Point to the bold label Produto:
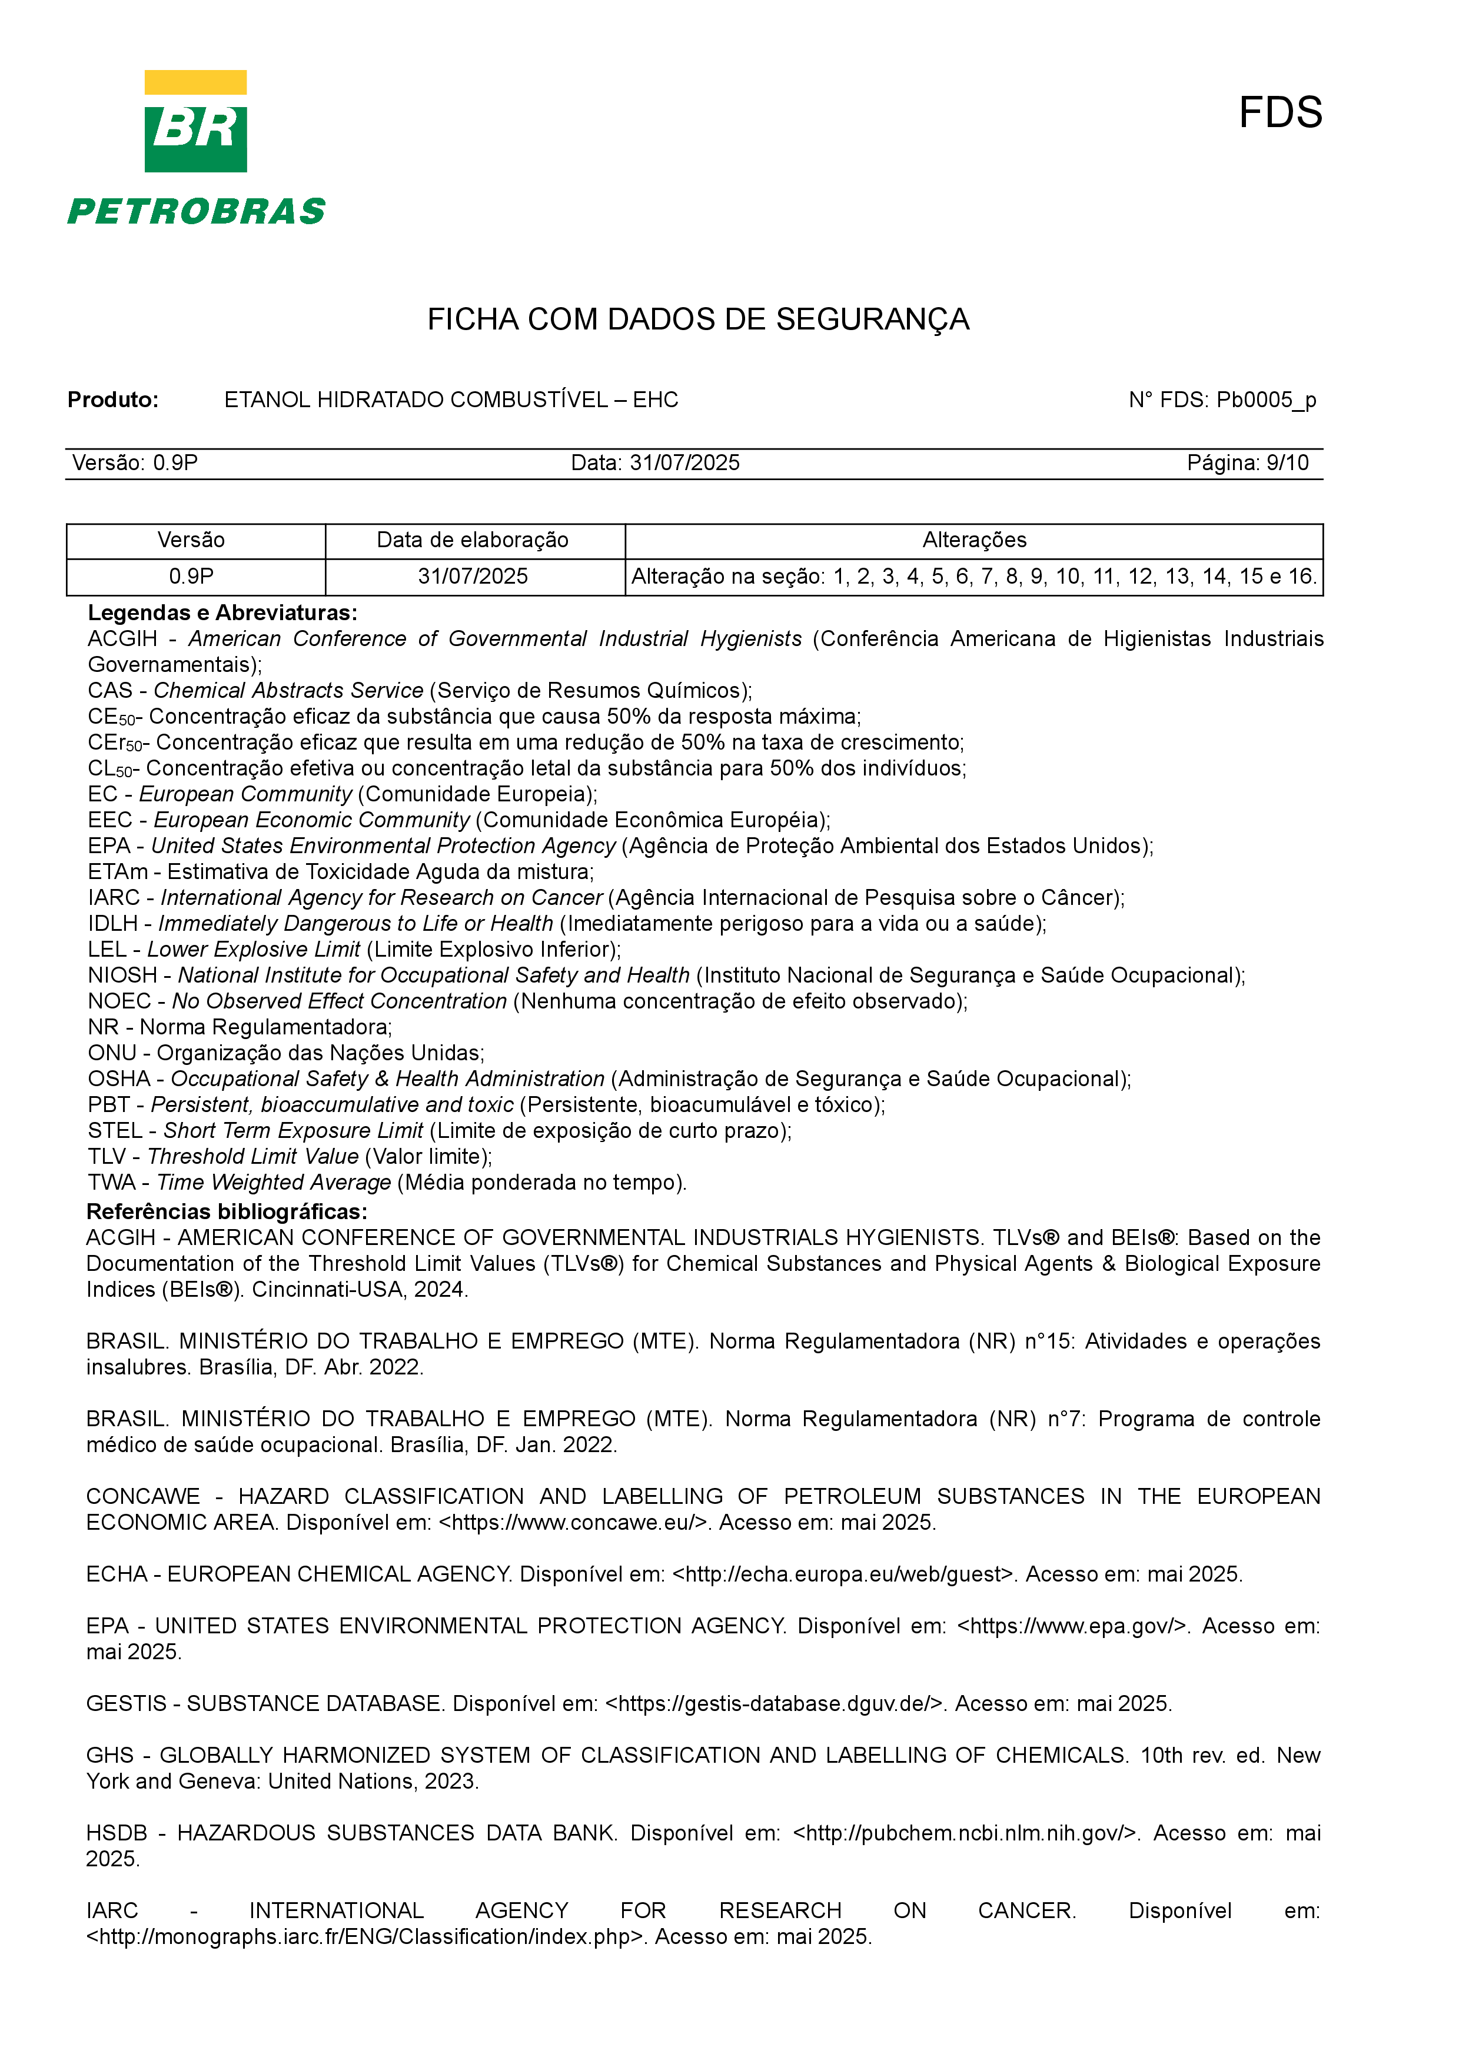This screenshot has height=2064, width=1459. coord(112,400)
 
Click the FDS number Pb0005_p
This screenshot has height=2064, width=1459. coord(1266,400)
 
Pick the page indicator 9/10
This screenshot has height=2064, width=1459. coord(1287,463)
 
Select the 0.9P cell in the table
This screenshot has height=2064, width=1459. coord(191,576)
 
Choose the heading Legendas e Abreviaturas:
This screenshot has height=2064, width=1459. coord(222,613)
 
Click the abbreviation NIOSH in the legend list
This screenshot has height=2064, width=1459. coord(122,976)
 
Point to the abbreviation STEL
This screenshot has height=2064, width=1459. coord(115,1131)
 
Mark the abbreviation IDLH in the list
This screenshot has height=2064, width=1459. coord(112,924)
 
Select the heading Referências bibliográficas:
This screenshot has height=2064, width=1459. coord(227,1212)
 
